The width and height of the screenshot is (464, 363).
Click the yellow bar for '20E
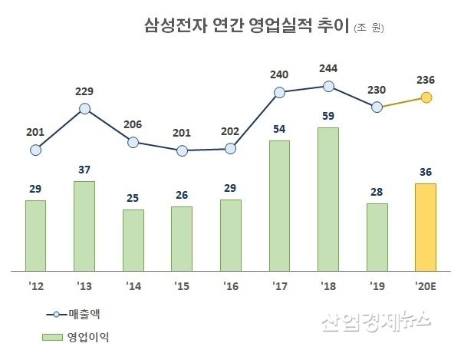(x=425, y=227)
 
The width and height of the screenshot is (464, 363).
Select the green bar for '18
(x=328, y=200)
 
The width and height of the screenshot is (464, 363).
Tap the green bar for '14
(x=133, y=240)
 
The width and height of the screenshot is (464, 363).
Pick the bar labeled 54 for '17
(x=280, y=206)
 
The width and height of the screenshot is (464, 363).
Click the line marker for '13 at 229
(x=84, y=109)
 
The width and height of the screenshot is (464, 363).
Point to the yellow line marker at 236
(x=426, y=97)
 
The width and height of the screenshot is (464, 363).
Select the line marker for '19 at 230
(x=377, y=107)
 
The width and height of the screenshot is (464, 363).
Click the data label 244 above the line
(x=328, y=68)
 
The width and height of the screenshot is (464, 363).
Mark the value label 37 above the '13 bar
(x=84, y=169)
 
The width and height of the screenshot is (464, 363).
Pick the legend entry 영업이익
(x=89, y=336)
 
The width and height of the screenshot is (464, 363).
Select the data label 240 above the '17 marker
(x=279, y=74)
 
